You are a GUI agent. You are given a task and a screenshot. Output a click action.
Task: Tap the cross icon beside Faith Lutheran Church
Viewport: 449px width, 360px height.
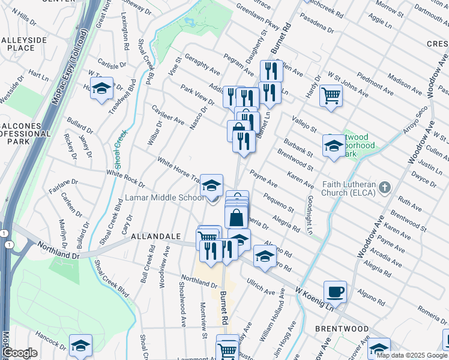point(385,188)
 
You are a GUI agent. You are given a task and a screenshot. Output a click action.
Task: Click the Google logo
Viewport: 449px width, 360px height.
point(20,353)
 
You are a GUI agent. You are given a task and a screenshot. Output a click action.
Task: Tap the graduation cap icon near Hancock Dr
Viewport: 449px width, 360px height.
point(80,346)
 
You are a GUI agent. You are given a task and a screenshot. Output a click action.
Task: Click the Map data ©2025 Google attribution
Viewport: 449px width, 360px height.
point(412,355)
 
